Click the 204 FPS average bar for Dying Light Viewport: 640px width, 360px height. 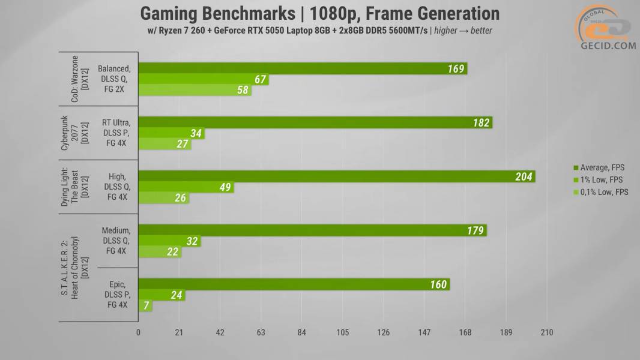point(336,176)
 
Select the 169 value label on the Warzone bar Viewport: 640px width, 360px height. point(456,68)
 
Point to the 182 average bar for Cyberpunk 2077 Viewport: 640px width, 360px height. point(315,122)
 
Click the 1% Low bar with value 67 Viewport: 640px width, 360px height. point(203,80)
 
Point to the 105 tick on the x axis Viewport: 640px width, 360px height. point(342,333)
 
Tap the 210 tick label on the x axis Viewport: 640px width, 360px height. point(546,333)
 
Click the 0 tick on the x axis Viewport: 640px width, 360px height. point(139,333)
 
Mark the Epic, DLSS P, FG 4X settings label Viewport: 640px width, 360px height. point(117,295)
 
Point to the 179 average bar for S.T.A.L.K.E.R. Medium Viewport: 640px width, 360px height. point(312,230)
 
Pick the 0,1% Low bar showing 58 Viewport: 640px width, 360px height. point(195,91)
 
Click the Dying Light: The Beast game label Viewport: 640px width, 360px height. point(74,187)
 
